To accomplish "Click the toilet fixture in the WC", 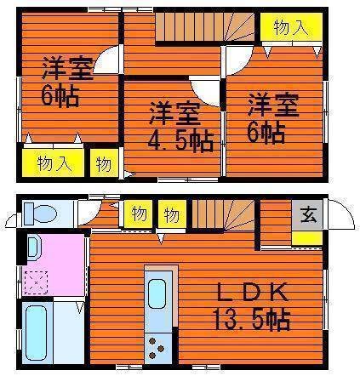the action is coord(40,213).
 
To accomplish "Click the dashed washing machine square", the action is coord(36,282).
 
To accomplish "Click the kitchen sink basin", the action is coord(157,293).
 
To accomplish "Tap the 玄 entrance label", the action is coord(308,215).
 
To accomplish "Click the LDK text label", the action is coord(252,292).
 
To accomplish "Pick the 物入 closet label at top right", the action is coord(291,27).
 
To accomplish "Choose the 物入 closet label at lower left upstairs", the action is coord(54,163).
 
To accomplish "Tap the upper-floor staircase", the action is coord(205,27).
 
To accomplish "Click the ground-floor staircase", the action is coord(223,214).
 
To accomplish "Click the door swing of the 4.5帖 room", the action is coord(205,91).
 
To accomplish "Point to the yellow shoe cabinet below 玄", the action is coord(306,238).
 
